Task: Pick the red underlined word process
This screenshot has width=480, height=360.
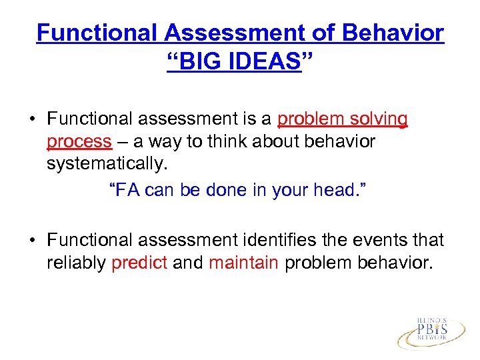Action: pos(79,141)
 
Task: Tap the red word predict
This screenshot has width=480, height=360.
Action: pos(139,263)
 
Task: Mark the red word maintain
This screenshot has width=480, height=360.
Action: pos(243,263)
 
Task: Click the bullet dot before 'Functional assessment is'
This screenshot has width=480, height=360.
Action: pos(31,120)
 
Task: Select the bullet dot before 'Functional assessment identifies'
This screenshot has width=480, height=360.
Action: pos(31,241)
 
